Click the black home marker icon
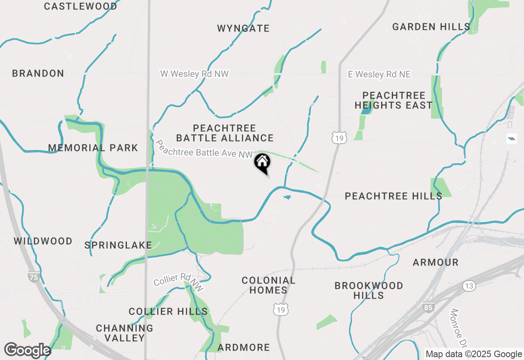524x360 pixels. tap(262, 163)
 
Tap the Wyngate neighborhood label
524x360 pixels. tap(243, 28)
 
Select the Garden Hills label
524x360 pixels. tap(431, 27)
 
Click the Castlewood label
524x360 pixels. tap(80, 6)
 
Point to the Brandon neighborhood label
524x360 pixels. tap(38, 74)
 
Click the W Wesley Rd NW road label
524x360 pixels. tap(194, 74)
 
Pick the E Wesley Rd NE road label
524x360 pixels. tap(379, 74)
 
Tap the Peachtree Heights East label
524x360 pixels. tap(393, 100)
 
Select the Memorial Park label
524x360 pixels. tap(93, 148)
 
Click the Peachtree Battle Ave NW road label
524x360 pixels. tap(204, 149)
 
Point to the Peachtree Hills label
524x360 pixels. tap(393, 196)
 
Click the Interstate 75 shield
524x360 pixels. tap(34, 277)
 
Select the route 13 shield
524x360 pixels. tap(469, 285)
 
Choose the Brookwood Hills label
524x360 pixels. tap(369, 290)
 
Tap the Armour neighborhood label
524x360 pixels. tap(436, 262)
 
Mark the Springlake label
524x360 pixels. tap(118, 245)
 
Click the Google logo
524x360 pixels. tap(27, 351)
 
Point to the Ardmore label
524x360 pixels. tap(244, 348)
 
